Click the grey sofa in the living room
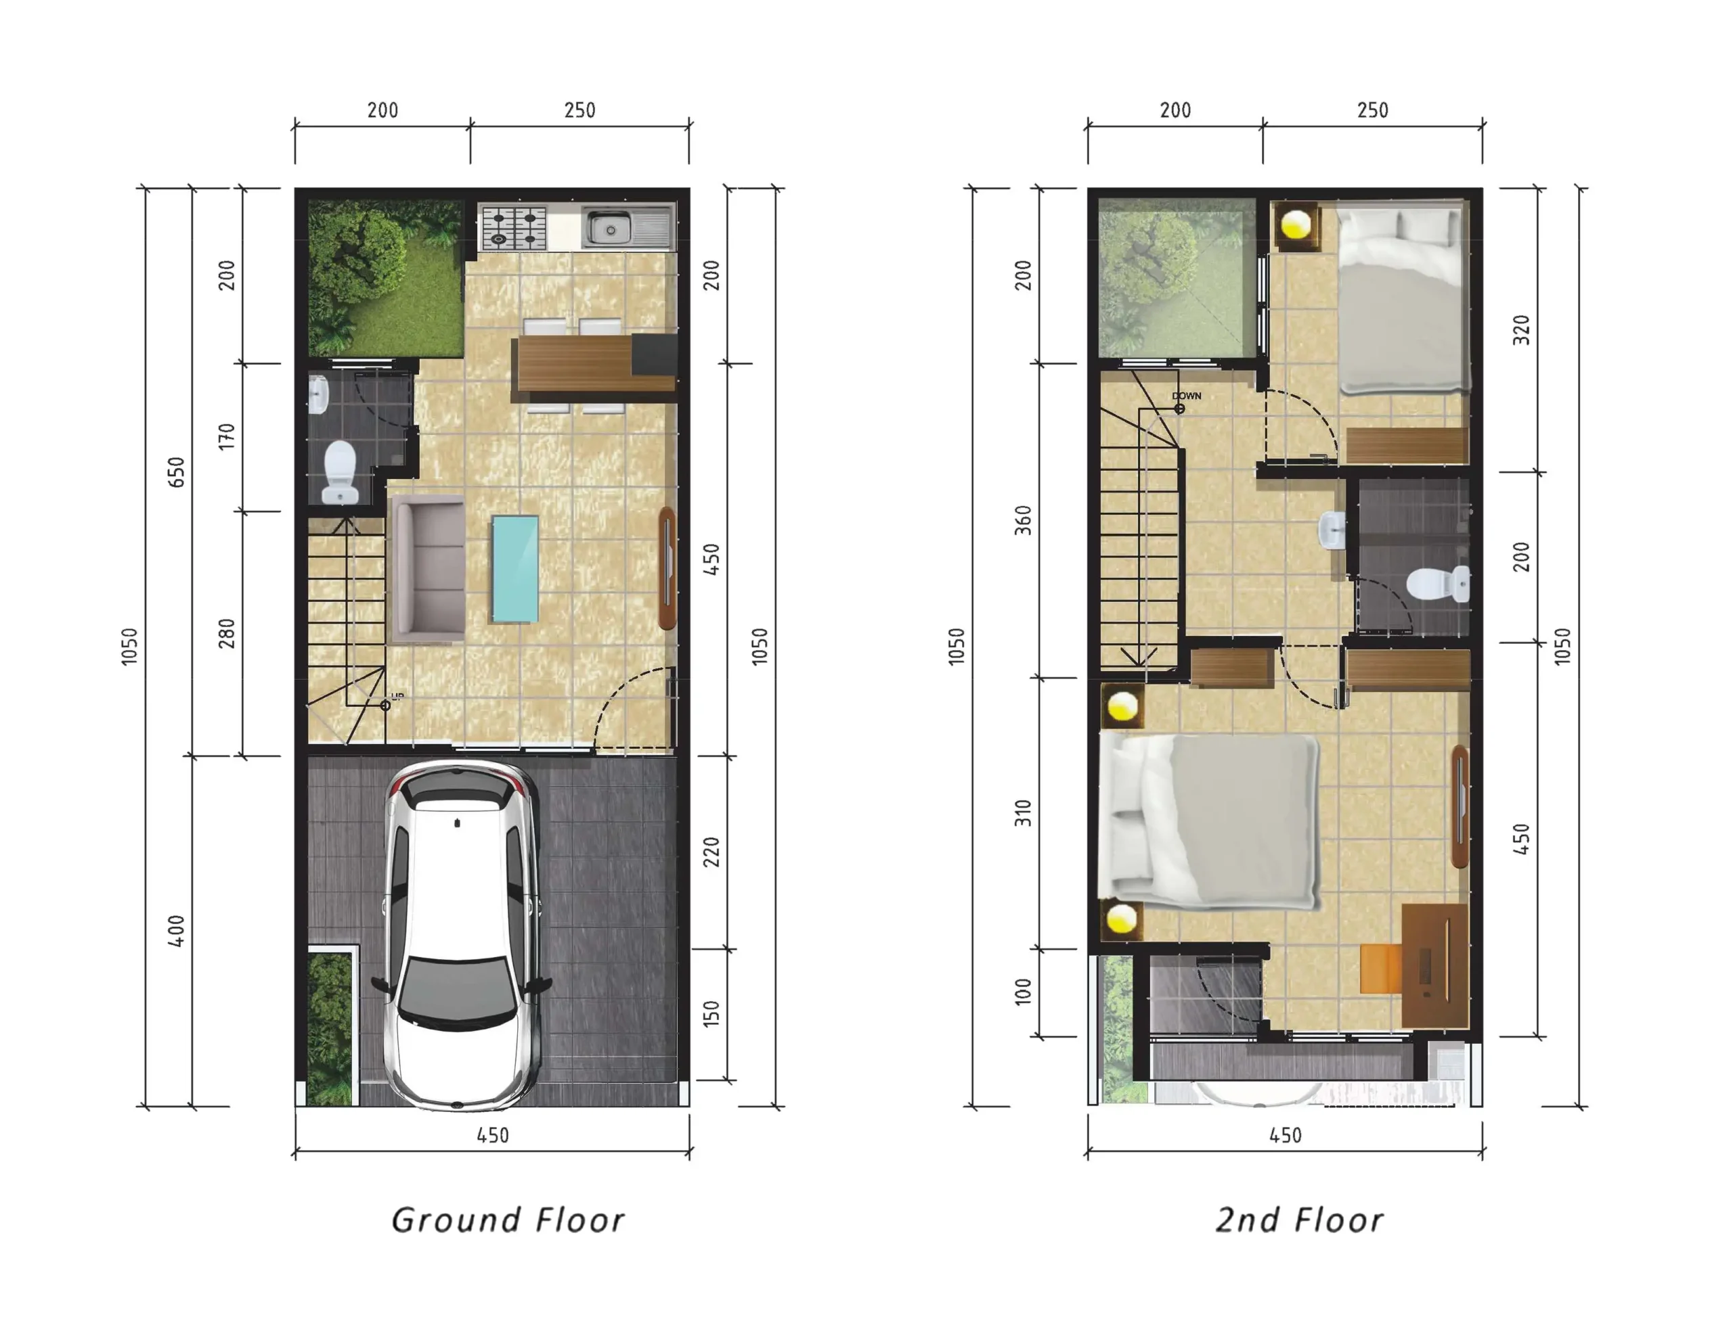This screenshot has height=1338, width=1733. tap(429, 569)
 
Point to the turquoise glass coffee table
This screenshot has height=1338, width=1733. tap(515, 569)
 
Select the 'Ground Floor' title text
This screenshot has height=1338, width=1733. tap(508, 1220)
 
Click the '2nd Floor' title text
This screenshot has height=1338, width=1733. tap(1299, 1220)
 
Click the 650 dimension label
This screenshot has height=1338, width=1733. tap(176, 473)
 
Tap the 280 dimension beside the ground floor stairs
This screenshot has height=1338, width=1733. tap(227, 634)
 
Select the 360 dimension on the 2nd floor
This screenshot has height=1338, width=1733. tap(1024, 520)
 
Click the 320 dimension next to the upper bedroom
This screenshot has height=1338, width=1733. tap(1521, 330)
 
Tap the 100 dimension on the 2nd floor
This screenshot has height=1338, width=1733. tap(1024, 992)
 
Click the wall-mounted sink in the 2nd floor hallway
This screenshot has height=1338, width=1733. tap(1332, 530)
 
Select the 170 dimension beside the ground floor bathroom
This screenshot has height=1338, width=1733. tap(227, 437)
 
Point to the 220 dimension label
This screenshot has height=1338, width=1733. tap(711, 852)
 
